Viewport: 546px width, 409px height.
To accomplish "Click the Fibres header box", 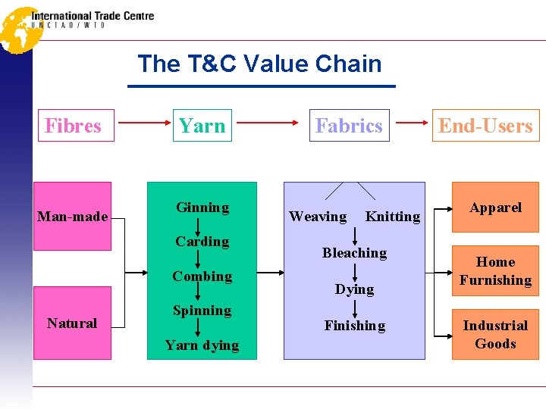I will click(x=73, y=126).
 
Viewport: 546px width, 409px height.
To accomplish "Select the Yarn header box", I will click(x=202, y=126).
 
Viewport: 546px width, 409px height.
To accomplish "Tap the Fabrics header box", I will click(x=349, y=126).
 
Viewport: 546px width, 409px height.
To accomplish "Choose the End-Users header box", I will click(x=485, y=126).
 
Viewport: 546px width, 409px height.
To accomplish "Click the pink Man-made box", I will click(x=73, y=216).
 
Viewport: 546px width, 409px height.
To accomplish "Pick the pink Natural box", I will click(x=73, y=323).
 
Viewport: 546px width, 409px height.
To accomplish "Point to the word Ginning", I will click(x=202, y=208).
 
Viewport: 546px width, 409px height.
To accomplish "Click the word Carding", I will click(x=202, y=242).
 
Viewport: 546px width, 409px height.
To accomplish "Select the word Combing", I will click(x=202, y=276).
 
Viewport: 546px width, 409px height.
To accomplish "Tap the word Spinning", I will click(x=202, y=311).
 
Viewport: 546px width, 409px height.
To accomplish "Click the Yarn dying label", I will click(x=202, y=345).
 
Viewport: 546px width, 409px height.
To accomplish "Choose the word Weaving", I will click(x=318, y=217).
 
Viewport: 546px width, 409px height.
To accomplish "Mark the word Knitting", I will click(x=392, y=217).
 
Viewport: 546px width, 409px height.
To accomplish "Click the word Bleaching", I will click(x=354, y=253).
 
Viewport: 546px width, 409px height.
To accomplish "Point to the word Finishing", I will click(x=354, y=326).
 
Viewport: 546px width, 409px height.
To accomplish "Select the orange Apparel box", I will click(x=495, y=207).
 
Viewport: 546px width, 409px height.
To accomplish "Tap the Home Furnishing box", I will click(x=495, y=271).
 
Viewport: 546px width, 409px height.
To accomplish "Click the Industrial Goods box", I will click(x=495, y=334).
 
